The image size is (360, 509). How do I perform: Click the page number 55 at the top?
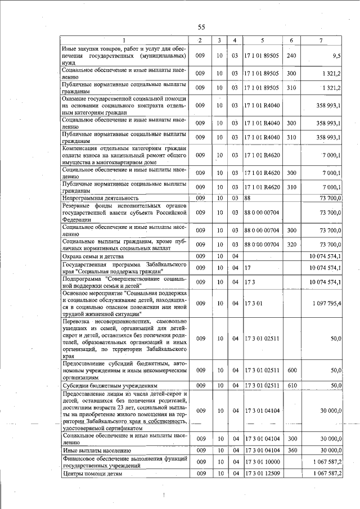(201, 27)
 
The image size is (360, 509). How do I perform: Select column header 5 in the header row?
(262, 40)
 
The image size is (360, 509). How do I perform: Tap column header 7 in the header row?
(321, 40)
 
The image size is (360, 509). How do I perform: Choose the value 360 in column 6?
(291, 451)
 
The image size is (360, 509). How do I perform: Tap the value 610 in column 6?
(291, 385)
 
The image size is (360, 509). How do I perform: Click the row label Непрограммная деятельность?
(100, 198)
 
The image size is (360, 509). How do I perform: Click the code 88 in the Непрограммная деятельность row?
(247, 198)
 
